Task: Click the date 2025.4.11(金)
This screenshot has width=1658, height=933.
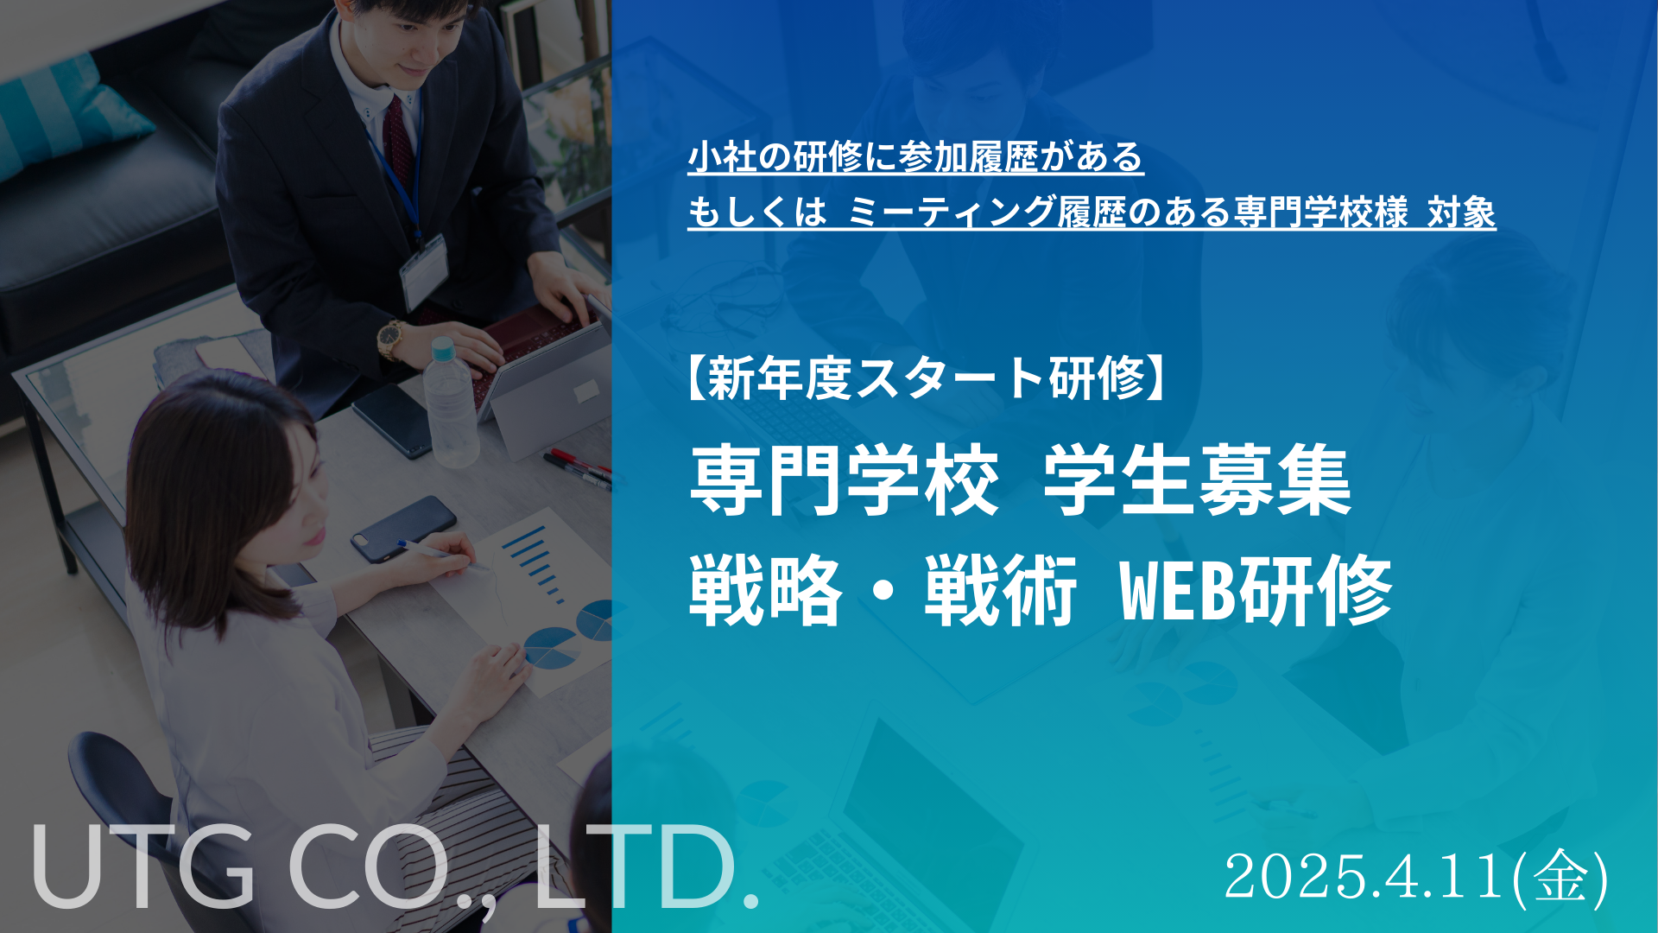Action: tap(1416, 878)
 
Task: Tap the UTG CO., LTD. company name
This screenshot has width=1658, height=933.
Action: tap(396, 866)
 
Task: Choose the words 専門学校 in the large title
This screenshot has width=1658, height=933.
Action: tap(844, 480)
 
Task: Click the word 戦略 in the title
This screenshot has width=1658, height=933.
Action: tap(765, 592)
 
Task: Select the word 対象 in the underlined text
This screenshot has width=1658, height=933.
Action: tap(1461, 213)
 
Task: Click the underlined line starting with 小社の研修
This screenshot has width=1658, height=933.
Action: tap(915, 157)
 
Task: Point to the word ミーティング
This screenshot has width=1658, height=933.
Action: tap(952, 213)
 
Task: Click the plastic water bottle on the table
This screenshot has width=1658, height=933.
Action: tap(450, 402)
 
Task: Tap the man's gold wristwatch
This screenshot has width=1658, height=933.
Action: tap(391, 339)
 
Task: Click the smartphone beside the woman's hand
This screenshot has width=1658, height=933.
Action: tap(403, 527)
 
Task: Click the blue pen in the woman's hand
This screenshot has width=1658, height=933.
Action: tap(436, 552)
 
